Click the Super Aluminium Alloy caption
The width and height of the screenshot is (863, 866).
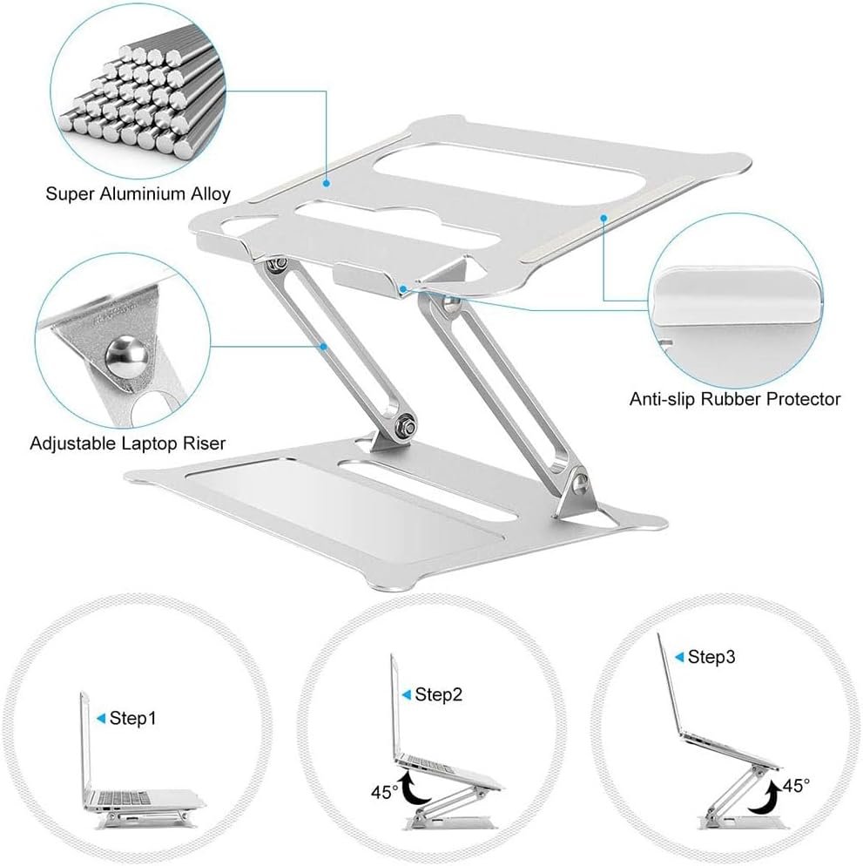point(138,194)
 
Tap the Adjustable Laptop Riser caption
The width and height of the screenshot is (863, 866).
point(128,443)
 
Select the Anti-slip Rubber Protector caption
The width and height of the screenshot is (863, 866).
point(735,399)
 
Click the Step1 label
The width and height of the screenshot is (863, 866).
point(133,718)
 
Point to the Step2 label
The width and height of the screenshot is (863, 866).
point(438,694)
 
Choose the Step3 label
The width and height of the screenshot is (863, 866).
point(711,657)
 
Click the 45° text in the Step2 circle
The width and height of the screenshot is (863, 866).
point(384,792)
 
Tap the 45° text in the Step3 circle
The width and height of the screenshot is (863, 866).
point(796,785)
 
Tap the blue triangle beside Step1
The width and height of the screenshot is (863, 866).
point(101,718)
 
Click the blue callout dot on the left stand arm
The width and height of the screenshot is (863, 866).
point(324,346)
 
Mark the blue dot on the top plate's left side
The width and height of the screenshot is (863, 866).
point(327,183)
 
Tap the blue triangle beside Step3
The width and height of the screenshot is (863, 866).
point(679,657)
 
